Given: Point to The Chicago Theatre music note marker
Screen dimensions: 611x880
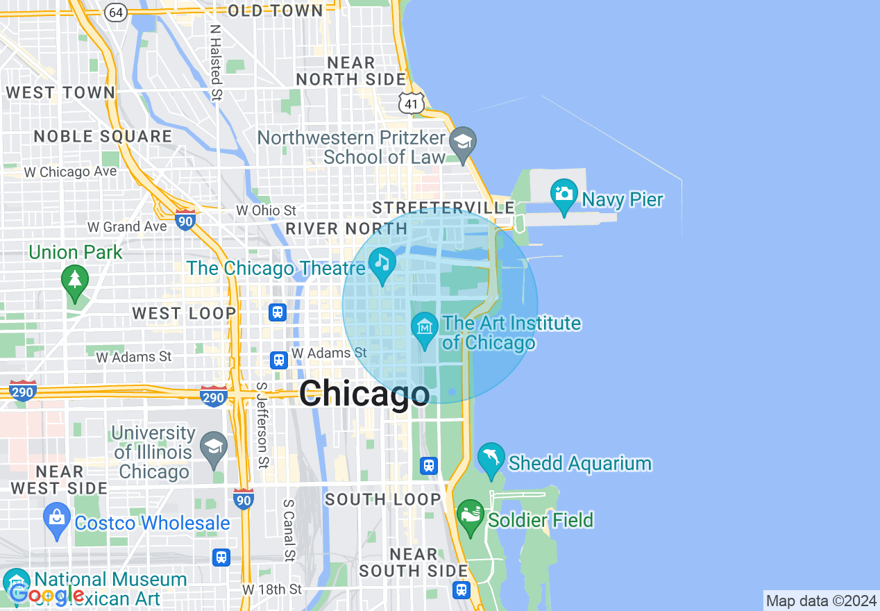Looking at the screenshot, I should tap(382, 265).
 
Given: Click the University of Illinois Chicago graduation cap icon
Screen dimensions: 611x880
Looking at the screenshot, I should tap(214, 446).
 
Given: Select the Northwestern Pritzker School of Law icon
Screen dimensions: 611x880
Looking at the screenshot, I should tap(461, 142).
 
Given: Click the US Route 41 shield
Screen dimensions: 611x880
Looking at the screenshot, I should tap(411, 103).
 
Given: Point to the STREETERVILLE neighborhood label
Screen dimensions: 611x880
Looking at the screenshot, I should tap(443, 208).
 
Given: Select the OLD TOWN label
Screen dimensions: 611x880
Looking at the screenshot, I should tap(276, 10).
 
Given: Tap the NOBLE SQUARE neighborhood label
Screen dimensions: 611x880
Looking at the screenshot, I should tap(103, 136).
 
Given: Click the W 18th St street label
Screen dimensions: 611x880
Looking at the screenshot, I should tap(272, 589).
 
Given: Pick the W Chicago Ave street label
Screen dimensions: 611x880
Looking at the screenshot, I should tap(71, 171).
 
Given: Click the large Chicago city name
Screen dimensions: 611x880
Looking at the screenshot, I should tap(364, 394).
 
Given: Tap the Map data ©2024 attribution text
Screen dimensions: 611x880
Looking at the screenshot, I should tap(821, 601).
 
